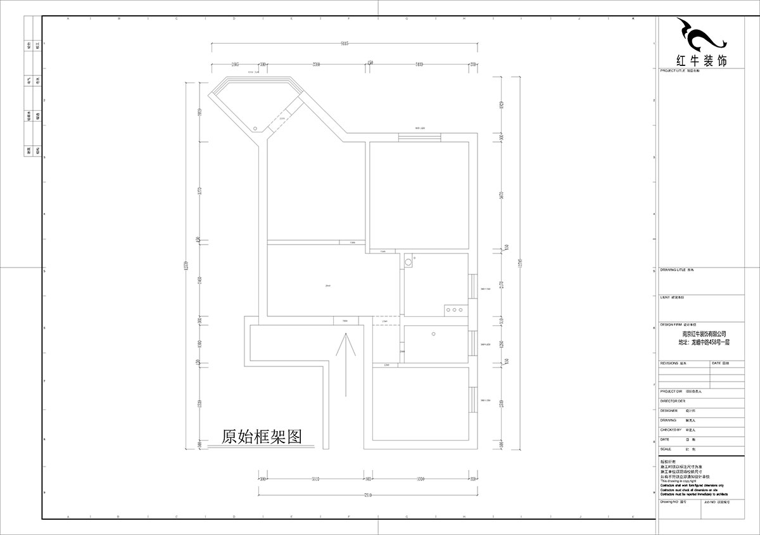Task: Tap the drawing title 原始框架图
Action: [x=260, y=437]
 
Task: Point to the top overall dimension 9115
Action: [x=344, y=44]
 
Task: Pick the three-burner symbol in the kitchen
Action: [x=454, y=310]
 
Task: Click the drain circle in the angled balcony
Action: [x=255, y=128]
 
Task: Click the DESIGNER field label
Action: [x=669, y=410]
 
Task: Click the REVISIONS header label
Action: [x=669, y=363]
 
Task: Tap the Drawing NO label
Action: [x=669, y=501]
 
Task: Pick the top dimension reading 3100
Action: [x=419, y=65]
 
